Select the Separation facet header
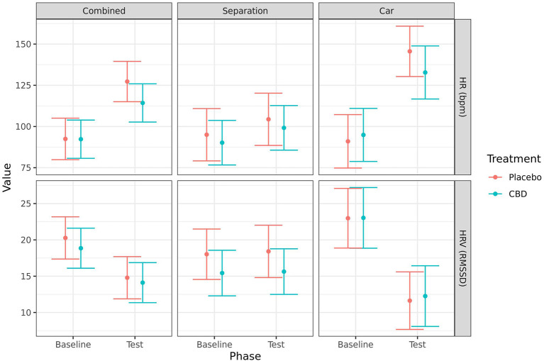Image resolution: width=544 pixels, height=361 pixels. point(245,11)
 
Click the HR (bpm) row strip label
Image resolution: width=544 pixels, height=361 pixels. point(463,96)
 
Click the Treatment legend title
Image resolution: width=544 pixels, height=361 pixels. point(509,159)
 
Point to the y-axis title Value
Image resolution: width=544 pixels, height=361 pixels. point(7,176)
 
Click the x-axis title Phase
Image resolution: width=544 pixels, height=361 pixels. point(245,356)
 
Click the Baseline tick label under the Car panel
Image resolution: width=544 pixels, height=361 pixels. point(355,344)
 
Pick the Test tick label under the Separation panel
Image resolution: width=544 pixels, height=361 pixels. point(276,344)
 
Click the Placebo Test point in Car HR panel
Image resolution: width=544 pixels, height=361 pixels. point(410,51)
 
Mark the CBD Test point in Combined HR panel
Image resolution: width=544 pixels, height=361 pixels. point(143,103)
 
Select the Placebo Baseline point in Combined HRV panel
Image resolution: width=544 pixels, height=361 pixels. point(65,238)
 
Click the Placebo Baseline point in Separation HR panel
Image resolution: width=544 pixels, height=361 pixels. point(206,135)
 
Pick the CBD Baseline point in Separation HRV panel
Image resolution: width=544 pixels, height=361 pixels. point(222,273)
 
